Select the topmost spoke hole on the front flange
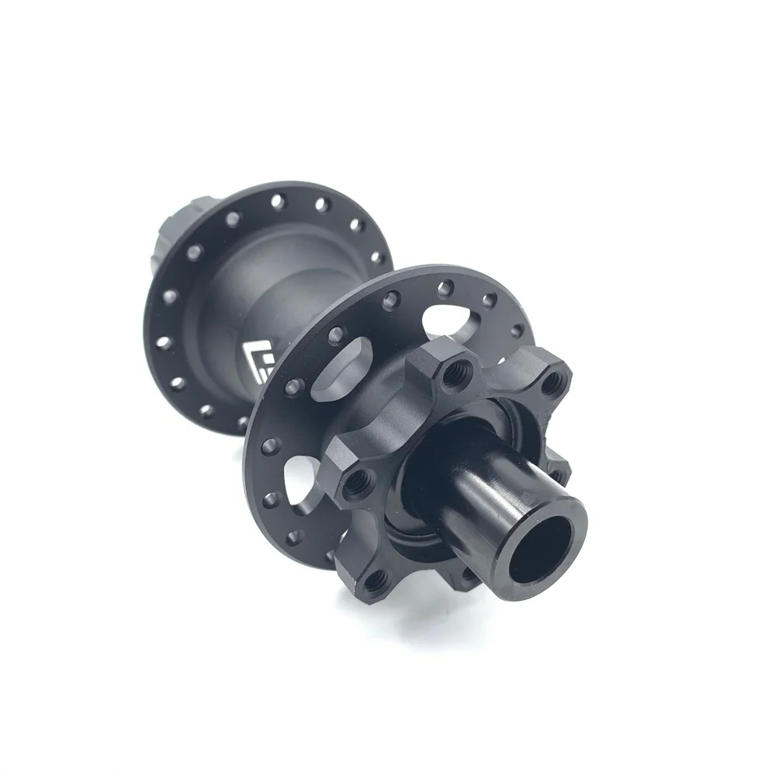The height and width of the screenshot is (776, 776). coord(444,289)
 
